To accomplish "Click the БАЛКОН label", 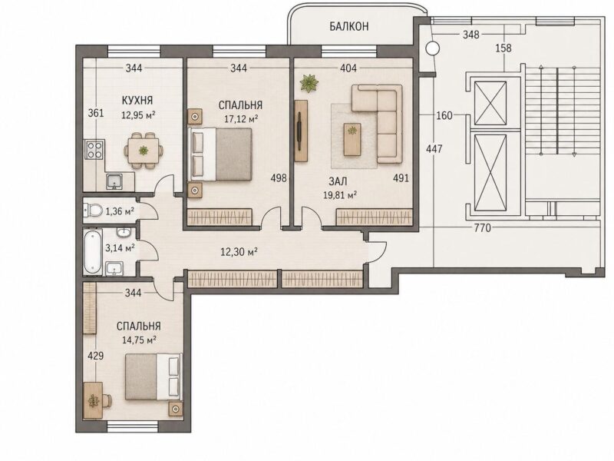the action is click(348, 26).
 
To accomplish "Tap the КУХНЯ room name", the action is click(137, 101).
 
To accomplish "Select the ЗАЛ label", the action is click(338, 181).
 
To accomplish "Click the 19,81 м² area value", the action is click(339, 195).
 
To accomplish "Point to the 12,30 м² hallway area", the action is click(239, 252).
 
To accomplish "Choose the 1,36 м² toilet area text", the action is click(120, 212).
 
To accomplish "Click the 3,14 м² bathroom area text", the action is click(120, 247).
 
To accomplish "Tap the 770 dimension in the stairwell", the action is click(483, 227).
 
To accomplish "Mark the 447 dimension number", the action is click(434, 149).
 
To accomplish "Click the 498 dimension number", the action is click(279, 178).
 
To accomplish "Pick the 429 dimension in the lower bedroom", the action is click(95, 356).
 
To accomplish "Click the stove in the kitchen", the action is click(94, 149).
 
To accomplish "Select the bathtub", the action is click(93, 251).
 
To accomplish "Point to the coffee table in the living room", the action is click(353, 139).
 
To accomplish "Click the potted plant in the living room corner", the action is click(309, 83).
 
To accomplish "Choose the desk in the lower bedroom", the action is click(93, 400).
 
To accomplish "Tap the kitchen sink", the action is click(114, 181).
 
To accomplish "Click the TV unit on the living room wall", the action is click(301, 131).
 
